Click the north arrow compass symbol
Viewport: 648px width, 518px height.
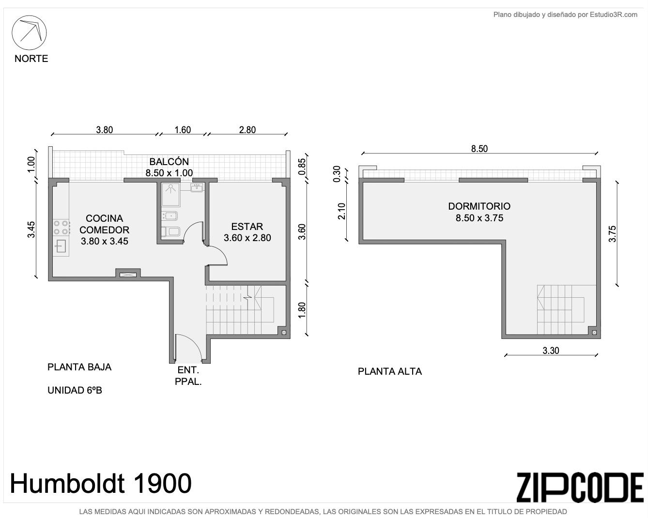pos(29,32)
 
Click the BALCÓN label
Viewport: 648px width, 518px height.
pos(169,162)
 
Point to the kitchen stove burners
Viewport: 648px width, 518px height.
pos(62,227)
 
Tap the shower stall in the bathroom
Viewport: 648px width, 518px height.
pos(171,194)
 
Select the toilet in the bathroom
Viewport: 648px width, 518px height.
pos(170,231)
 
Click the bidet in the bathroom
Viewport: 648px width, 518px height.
pos(170,216)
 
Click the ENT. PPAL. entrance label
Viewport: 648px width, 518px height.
pos(188,376)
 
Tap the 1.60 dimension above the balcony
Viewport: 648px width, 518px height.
pos(183,130)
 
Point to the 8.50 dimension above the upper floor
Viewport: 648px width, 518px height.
pos(479,149)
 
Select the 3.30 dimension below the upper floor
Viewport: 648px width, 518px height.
pos(551,350)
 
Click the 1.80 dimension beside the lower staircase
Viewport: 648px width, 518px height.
pos(302,310)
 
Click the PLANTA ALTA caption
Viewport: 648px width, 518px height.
pos(390,371)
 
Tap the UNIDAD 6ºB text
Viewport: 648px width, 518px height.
pos(75,390)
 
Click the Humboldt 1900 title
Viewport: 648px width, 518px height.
pos(101,484)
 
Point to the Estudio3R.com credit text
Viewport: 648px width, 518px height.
pos(565,15)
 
